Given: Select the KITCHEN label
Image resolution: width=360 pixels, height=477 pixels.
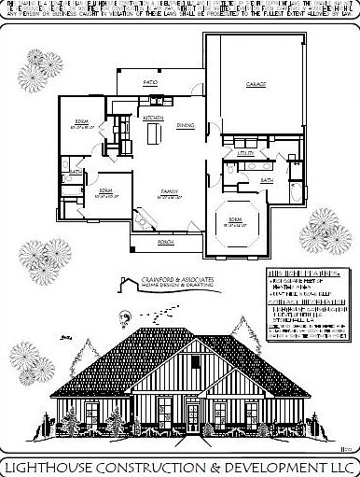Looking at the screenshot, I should tap(154, 119).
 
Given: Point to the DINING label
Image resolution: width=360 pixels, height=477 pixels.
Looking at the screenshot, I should tap(187, 124).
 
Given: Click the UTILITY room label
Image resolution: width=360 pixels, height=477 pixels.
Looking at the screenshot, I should tap(246, 151).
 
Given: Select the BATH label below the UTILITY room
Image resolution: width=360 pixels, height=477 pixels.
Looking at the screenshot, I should tap(267, 179).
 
